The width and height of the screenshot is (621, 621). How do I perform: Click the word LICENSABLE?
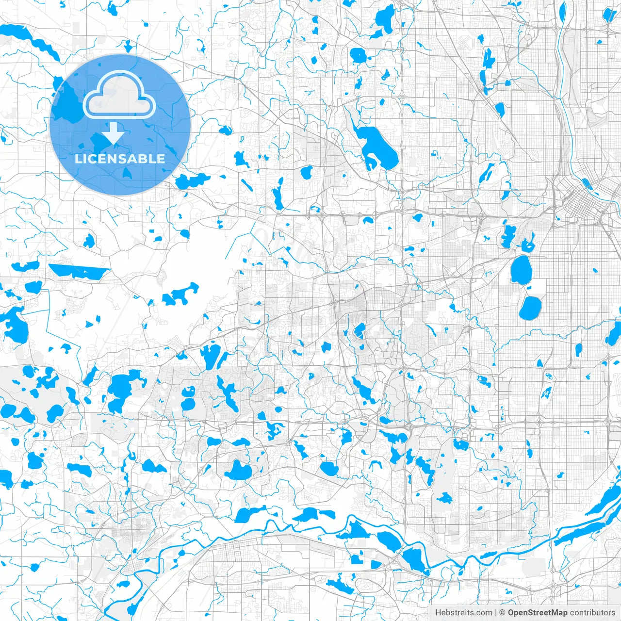[120, 159]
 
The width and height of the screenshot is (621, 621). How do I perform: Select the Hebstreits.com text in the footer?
[463, 613]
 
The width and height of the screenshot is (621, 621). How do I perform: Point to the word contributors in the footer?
[592, 613]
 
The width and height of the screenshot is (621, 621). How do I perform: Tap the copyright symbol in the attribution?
[503, 613]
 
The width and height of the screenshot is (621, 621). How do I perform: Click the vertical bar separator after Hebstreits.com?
[496, 613]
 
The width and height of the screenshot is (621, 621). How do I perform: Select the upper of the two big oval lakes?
[521, 270]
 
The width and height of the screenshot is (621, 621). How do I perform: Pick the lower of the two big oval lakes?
[530, 308]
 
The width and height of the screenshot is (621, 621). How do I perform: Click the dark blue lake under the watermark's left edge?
[65, 104]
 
